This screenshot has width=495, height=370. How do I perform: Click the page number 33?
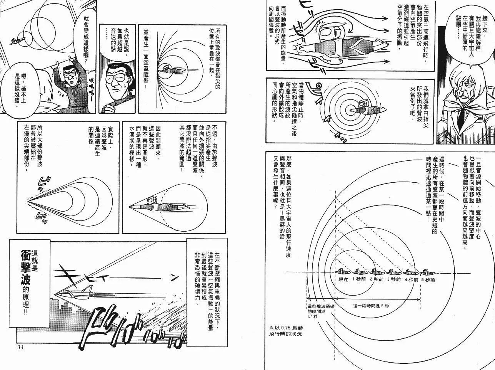[21, 348]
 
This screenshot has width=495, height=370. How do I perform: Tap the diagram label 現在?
[343, 279]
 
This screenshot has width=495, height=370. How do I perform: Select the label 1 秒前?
[359, 279]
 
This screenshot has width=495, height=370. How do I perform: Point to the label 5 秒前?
[428, 279]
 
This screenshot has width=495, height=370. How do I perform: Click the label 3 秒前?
[393, 279]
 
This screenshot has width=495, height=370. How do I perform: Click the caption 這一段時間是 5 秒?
[371, 306]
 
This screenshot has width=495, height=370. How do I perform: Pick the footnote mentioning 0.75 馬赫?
[287, 331]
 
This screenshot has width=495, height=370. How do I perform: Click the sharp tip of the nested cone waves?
[29, 200]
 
